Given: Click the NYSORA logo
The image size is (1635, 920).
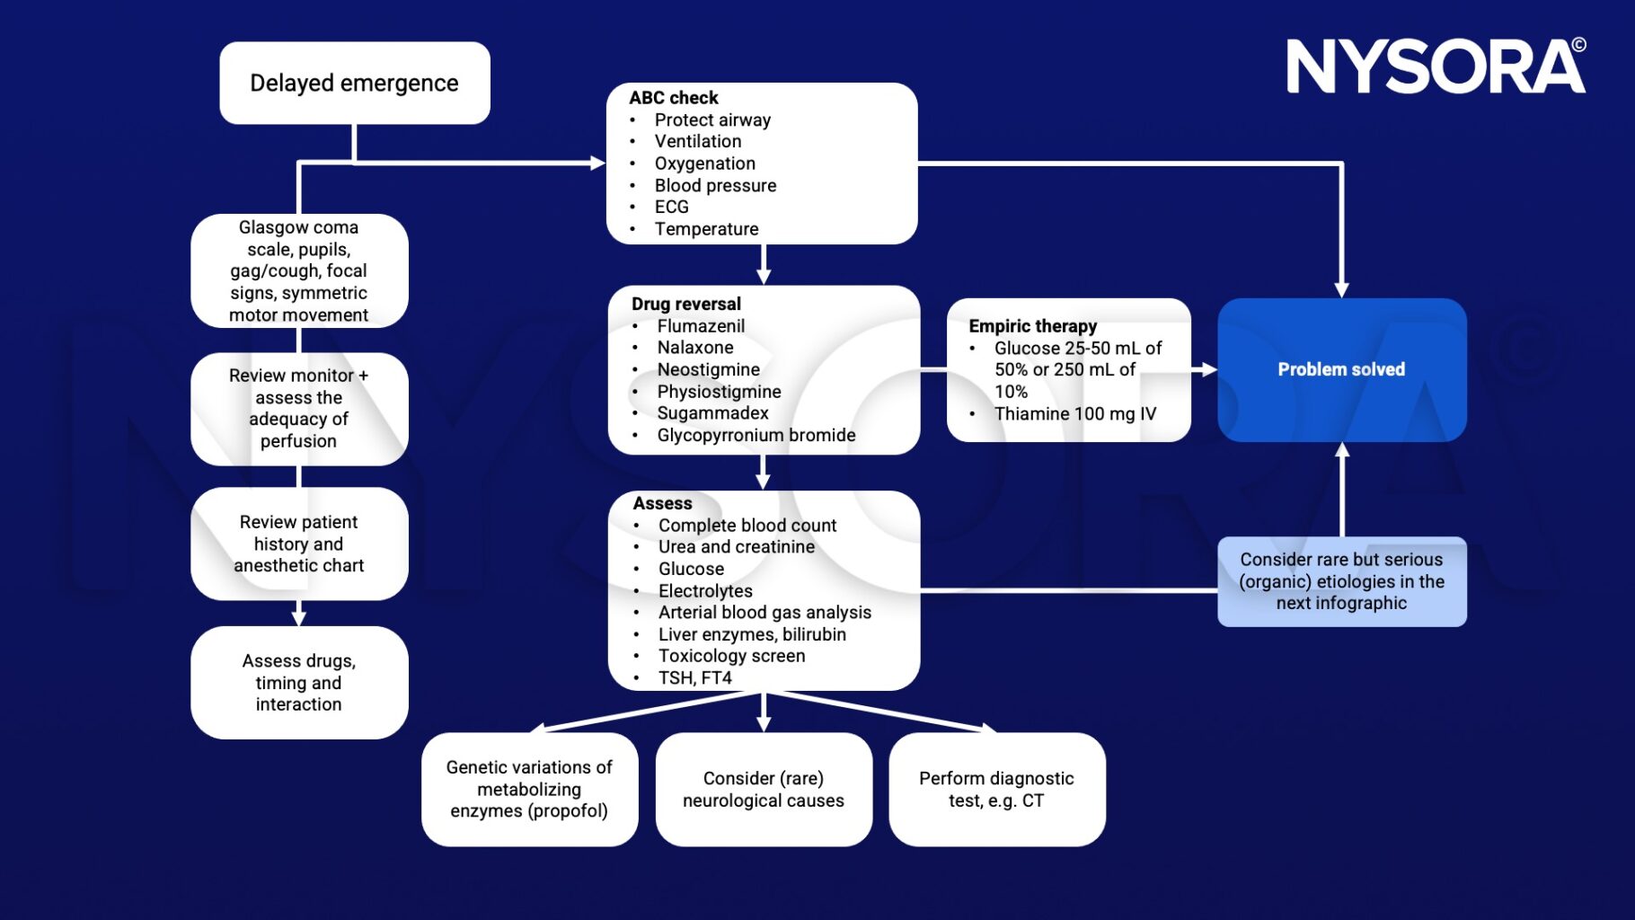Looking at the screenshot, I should pyautogui.click(x=1436, y=66).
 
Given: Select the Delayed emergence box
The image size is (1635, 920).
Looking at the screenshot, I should pyautogui.click(x=354, y=83).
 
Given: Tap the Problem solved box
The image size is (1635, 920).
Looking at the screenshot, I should pyautogui.click(x=1341, y=369).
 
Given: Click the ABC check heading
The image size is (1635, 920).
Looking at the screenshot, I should pyautogui.click(x=674, y=97).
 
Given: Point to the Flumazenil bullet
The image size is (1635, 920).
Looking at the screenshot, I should pyautogui.click(x=701, y=326).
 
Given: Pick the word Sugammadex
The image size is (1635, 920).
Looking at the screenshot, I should pyautogui.click(x=712, y=413).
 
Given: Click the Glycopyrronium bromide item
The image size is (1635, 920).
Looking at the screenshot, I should pyautogui.click(x=756, y=435).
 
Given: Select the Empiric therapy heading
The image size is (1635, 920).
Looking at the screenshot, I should pyautogui.click(x=1032, y=326).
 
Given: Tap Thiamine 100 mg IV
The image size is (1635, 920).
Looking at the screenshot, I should pyautogui.click(x=1074, y=414).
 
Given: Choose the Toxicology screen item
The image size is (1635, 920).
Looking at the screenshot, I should pyautogui.click(x=731, y=656).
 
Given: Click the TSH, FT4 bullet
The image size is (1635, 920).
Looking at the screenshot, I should pyautogui.click(x=694, y=678).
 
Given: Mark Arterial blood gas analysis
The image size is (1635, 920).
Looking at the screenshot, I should pyautogui.click(x=764, y=613).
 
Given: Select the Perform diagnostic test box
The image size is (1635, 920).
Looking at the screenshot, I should pyautogui.click(x=996, y=789).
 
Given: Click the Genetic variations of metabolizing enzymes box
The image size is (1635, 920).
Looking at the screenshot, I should pyautogui.click(x=529, y=789).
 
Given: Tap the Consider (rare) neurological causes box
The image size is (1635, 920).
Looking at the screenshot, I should pyautogui.click(x=763, y=789).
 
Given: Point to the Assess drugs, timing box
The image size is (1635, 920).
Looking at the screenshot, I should pyautogui.click(x=299, y=683).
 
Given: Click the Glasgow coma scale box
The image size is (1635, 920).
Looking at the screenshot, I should pyautogui.click(x=299, y=270).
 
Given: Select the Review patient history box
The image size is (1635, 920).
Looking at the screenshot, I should pyautogui.click(x=299, y=544).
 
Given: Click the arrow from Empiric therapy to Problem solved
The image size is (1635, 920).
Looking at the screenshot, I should pyautogui.click(x=1204, y=369).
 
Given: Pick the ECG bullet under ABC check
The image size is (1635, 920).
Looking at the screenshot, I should pyautogui.click(x=671, y=207).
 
